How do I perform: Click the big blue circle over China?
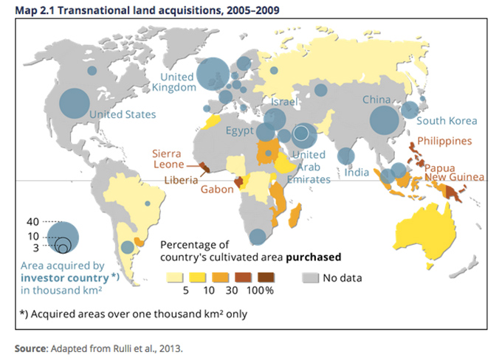[x=384, y=120]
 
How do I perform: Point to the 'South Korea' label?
[x=447, y=121]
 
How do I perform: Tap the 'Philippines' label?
[x=444, y=141]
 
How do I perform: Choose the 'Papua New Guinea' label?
[x=453, y=171]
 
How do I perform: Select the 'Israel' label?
[x=284, y=101]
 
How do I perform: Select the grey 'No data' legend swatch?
[x=311, y=277]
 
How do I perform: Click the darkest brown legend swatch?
[x=265, y=277]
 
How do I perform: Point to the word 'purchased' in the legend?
[x=310, y=257]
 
